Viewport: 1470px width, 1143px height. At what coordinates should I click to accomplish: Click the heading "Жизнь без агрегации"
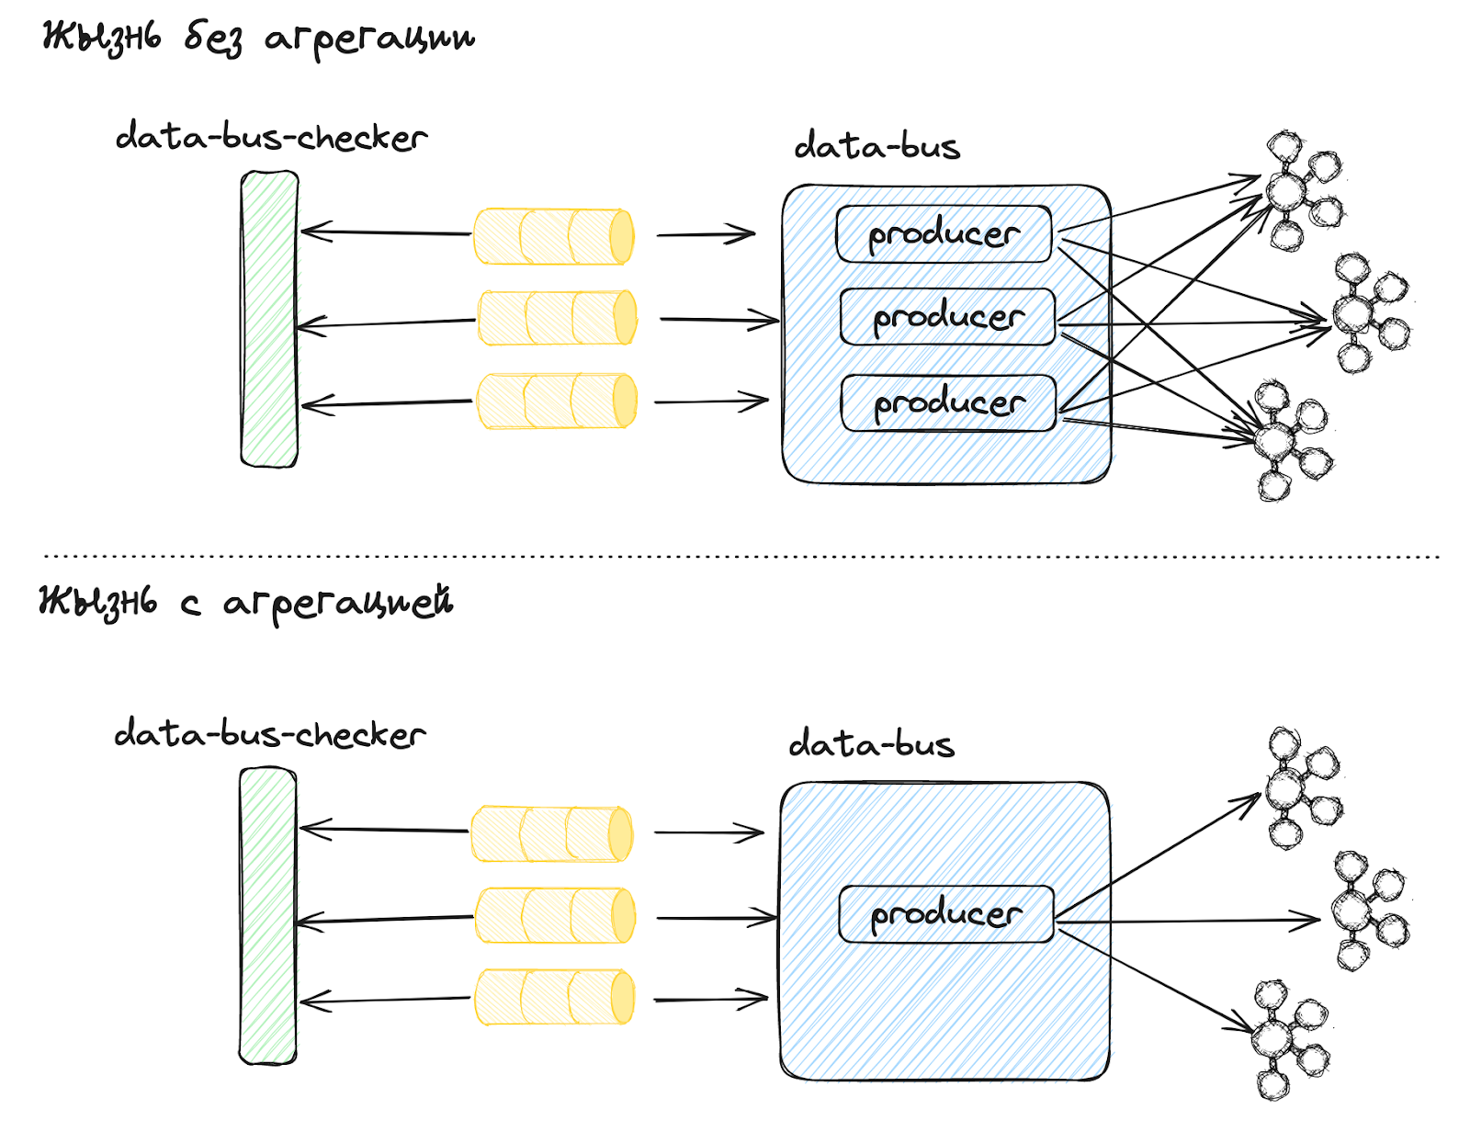tap(258, 39)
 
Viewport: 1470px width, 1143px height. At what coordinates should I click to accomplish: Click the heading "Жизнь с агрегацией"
tap(246, 603)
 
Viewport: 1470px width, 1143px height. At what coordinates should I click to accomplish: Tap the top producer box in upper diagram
tap(944, 234)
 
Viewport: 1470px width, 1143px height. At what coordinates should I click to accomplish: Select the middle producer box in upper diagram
tap(947, 317)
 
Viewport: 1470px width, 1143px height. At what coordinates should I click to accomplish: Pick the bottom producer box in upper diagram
tap(948, 402)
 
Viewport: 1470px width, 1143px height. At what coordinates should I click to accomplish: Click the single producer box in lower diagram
tap(946, 913)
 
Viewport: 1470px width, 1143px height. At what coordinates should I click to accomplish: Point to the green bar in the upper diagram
tap(269, 319)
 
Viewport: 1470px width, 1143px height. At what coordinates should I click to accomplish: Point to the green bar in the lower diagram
tap(267, 916)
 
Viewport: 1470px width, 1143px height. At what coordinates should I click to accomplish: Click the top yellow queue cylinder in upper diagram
tap(553, 236)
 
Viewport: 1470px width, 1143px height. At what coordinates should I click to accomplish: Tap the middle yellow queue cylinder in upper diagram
tap(557, 318)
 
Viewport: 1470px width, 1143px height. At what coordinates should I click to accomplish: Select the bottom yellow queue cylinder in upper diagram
tap(556, 401)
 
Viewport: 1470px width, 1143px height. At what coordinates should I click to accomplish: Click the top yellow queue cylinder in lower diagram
tap(551, 833)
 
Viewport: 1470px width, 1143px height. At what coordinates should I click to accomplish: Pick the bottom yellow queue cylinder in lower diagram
tap(554, 997)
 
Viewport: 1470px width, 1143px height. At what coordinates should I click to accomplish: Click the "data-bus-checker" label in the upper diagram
tap(271, 138)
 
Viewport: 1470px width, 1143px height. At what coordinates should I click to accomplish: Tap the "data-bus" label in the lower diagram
tap(871, 743)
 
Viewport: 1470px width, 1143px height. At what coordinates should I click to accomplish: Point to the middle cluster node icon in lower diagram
tap(1367, 911)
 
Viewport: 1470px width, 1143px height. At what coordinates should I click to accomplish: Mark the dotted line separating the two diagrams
tap(741, 556)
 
